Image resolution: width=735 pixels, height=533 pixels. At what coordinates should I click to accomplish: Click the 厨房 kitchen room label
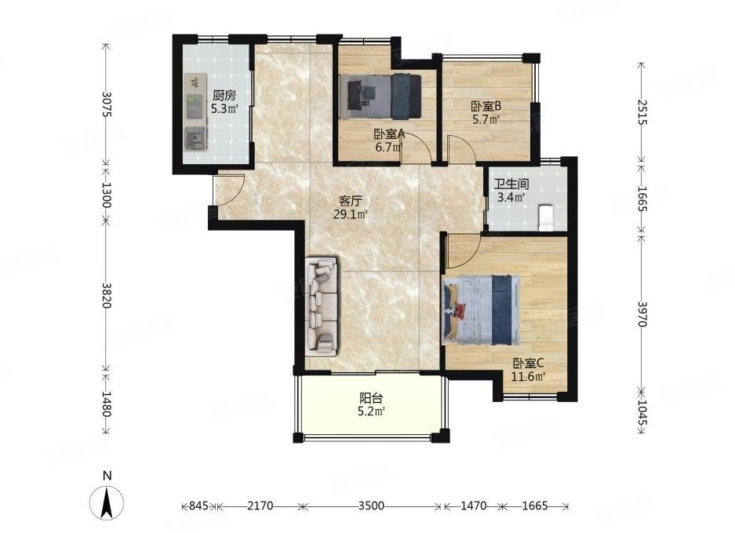[224, 97]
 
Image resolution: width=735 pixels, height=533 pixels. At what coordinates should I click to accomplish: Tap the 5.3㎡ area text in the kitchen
[224, 109]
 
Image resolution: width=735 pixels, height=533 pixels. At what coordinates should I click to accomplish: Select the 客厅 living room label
[350, 201]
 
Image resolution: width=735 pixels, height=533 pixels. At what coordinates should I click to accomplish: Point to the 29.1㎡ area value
[350, 215]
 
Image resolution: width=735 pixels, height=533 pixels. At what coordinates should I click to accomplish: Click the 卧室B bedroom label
[486, 106]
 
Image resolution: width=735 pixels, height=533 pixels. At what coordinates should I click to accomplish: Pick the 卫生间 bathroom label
[511, 184]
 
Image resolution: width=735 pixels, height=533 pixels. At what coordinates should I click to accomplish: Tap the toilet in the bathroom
[546, 217]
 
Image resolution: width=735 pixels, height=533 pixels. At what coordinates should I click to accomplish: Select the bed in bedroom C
[481, 309]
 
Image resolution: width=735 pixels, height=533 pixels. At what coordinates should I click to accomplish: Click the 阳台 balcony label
[371, 399]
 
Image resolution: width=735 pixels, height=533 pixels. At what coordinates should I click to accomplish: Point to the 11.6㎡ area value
[528, 376]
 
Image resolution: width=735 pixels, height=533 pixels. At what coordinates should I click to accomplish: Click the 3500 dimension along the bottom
[371, 506]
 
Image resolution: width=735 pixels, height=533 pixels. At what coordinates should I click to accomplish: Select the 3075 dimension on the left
[106, 104]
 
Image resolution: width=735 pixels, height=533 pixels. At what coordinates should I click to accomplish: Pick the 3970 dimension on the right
[642, 314]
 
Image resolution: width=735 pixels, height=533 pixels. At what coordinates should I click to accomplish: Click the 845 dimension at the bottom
[198, 506]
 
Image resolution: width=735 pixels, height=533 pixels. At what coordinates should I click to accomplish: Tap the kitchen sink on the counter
[196, 138]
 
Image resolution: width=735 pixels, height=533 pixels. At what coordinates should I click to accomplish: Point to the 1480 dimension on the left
[106, 404]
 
